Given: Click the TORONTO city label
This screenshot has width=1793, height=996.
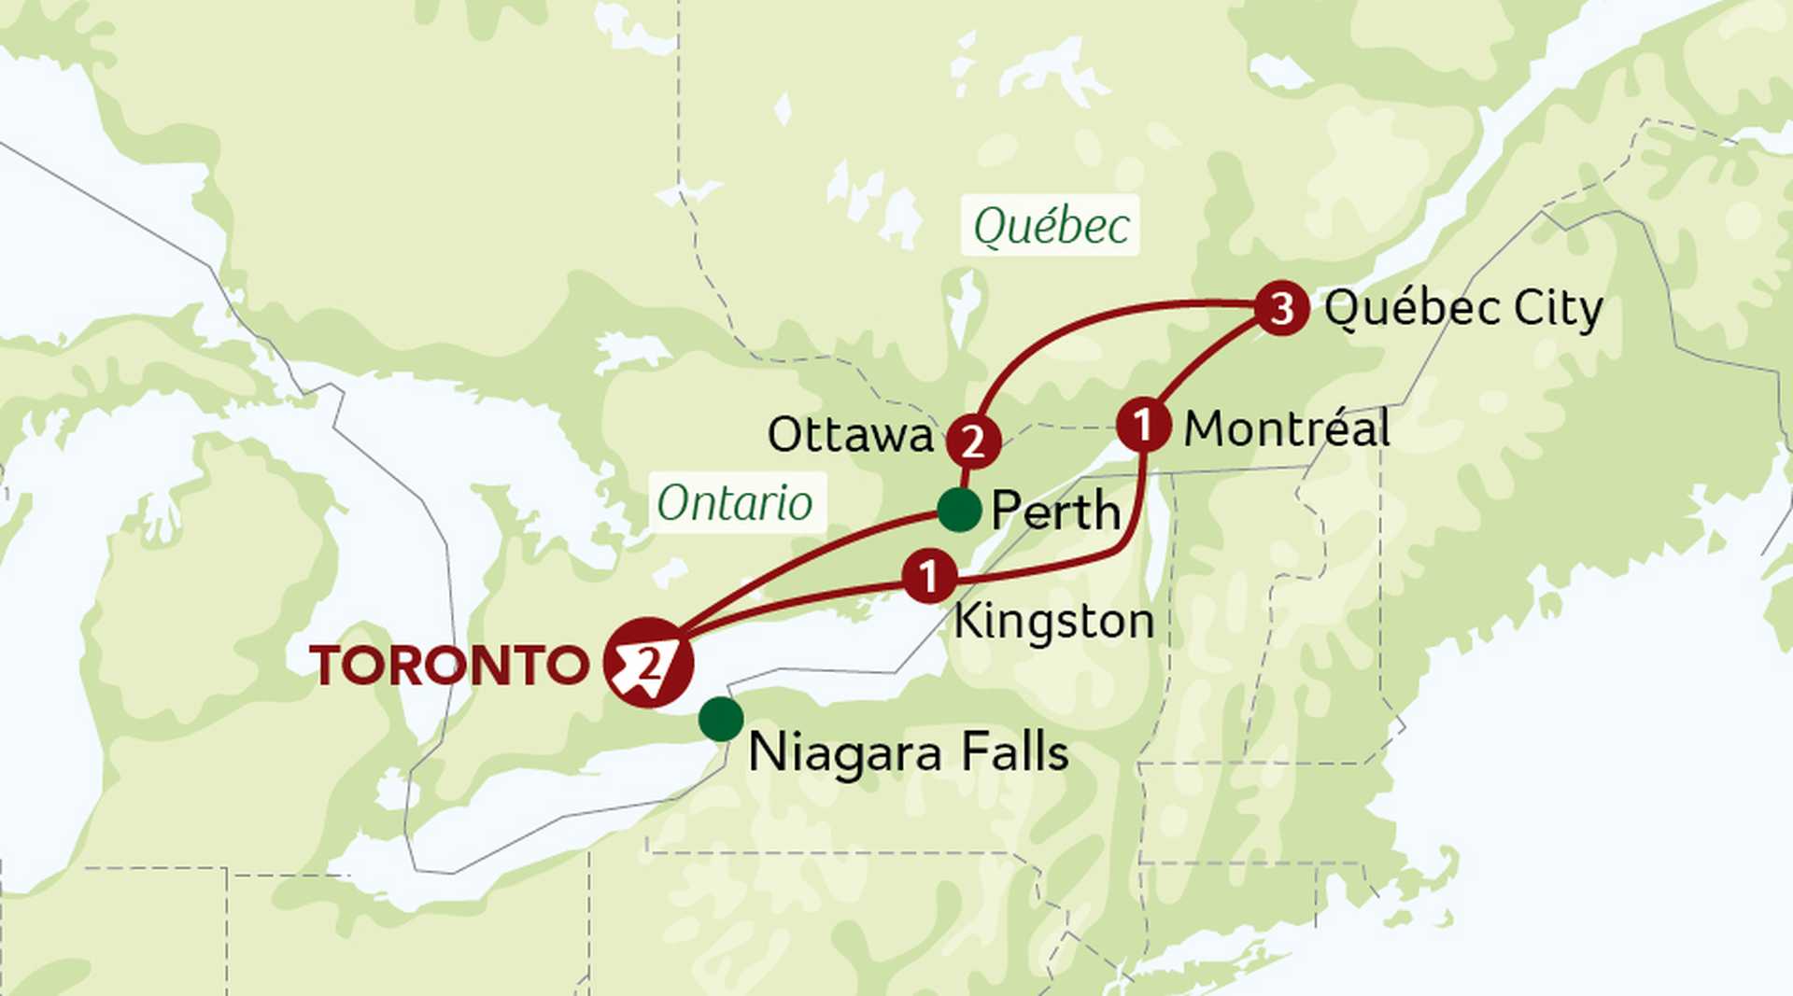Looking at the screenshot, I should click(448, 666).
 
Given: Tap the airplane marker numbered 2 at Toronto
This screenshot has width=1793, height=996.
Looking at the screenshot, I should click(648, 663).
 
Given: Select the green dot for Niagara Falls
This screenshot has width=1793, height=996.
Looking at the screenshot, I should click(721, 719).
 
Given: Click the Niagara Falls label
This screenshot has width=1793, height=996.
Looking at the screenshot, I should click(908, 752).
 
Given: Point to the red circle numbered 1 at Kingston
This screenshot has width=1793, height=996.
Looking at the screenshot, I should click(929, 577).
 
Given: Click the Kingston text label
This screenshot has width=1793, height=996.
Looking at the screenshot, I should click(1053, 622).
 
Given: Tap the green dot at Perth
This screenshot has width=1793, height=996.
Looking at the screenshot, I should click(958, 510).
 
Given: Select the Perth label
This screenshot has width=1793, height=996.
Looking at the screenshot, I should click(1055, 511).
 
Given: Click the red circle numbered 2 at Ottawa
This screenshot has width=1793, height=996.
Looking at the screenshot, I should click(973, 442).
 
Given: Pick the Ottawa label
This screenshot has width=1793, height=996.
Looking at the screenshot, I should click(850, 435).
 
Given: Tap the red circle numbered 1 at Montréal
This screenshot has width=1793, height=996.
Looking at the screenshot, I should click(1143, 426).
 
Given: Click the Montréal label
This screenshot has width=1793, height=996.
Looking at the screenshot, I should click(1287, 429).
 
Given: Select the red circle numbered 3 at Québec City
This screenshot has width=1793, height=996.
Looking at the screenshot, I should click(1281, 307).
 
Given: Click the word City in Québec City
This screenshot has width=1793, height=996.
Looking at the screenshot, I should click(1558, 308).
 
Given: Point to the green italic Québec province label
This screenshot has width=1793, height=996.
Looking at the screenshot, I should click(1051, 226).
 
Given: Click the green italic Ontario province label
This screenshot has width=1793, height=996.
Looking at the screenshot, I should click(735, 503).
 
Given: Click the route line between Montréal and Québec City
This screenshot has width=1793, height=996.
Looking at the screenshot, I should click(1205, 359).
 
